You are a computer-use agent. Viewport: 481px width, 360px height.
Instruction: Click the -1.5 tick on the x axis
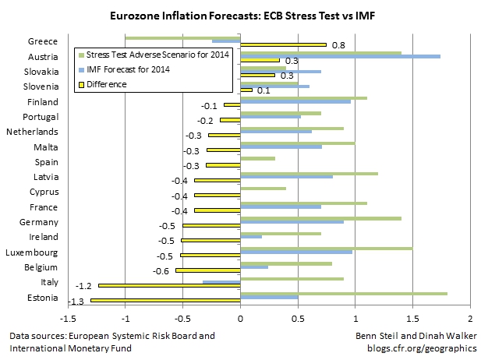[68, 319]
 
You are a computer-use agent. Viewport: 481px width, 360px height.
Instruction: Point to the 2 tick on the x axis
[470, 319]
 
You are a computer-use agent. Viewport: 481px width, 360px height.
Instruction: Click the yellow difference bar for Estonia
[165, 300]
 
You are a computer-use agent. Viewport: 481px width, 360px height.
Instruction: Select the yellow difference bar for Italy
[169, 285]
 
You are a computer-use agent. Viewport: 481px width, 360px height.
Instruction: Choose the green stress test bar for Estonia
[344, 293]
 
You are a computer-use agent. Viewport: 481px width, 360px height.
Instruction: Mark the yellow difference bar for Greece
[283, 45]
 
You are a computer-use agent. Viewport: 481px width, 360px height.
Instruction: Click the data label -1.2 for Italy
[83, 286]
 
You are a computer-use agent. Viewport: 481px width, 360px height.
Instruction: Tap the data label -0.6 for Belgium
[161, 270]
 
